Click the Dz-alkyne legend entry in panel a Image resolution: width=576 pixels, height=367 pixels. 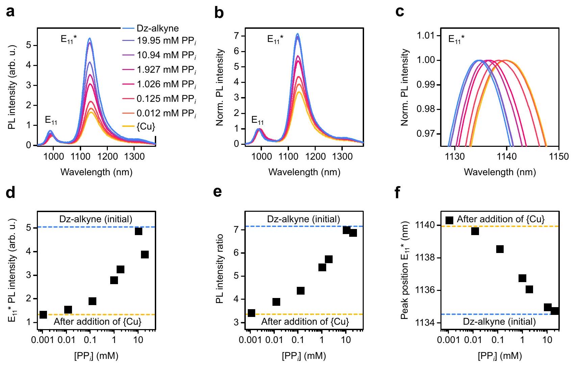[158, 28]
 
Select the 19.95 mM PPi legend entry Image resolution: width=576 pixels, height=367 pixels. [166, 41]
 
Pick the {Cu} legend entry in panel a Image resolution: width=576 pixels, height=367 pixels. [146, 127]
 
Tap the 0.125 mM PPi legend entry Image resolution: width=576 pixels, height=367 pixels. [166, 99]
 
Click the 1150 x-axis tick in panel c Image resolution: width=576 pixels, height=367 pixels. [559, 157]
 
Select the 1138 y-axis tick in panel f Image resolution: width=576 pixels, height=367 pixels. [429, 258]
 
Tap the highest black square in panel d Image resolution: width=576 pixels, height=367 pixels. [138, 231]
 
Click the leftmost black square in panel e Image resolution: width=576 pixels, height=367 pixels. [251, 313]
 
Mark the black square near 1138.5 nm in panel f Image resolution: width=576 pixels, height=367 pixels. [500, 249]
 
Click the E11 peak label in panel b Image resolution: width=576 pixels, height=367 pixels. [258, 120]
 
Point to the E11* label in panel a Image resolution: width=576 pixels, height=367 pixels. [69, 39]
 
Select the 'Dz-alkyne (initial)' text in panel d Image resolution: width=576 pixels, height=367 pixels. [96, 219]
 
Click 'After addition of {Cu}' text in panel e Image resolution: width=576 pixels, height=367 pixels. [305, 321]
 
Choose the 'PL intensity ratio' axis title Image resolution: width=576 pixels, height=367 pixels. [220, 268]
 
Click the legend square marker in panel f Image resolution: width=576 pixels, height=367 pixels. [449, 220]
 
